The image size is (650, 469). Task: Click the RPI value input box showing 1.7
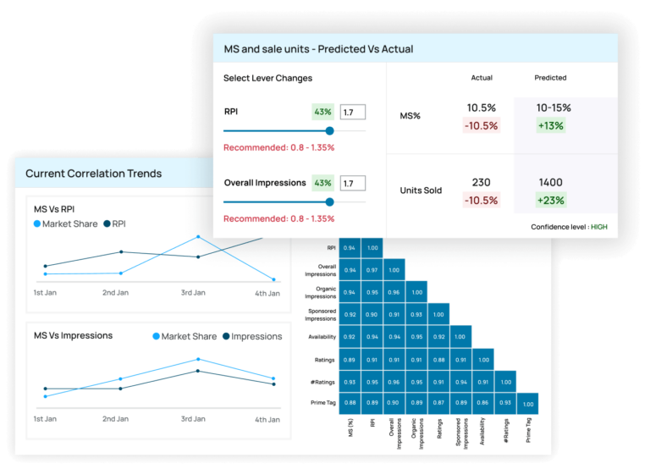[x=352, y=112]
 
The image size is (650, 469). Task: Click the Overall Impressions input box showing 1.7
[x=352, y=183]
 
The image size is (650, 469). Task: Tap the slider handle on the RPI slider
[x=329, y=130]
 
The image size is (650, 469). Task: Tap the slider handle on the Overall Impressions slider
[x=329, y=201]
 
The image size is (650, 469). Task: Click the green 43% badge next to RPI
[x=322, y=112]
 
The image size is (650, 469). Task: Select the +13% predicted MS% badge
[x=550, y=125]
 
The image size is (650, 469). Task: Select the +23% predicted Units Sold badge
[x=550, y=201]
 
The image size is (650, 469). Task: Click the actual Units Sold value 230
[x=481, y=182]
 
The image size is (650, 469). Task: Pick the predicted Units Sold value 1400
[x=550, y=182]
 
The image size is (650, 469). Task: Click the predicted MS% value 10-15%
[x=554, y=108]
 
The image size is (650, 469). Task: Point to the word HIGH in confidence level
[x=598, y=227]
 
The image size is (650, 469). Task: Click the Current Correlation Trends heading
[x=93, y=174]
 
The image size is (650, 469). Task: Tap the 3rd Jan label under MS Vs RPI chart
[x=193, y=293]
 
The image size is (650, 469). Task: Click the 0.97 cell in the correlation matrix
[x=372, y=269]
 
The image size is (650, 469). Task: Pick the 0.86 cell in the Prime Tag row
[x=482, y=402]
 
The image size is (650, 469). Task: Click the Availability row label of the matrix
[x=320, y=336]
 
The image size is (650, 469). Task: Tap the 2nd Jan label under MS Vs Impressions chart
[x=115, y=419]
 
